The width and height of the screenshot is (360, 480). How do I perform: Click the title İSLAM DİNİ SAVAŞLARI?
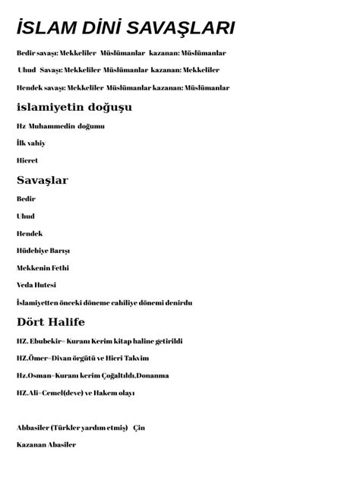125,29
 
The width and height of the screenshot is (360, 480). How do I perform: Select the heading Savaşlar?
43,180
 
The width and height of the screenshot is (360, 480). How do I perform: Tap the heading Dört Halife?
50,322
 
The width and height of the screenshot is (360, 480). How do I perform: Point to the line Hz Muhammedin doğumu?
60,125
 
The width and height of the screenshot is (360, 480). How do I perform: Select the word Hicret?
27,160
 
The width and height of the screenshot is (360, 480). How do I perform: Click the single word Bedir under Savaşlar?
26,198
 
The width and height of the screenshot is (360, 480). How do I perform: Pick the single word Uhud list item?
25,216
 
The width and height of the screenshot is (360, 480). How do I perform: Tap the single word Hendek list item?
29,233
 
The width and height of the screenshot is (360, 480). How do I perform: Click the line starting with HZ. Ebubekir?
99,341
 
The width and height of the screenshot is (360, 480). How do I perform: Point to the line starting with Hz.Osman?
92,375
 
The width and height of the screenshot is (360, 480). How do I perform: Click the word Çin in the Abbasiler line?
139,428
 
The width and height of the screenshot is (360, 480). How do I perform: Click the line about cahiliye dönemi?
104,302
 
